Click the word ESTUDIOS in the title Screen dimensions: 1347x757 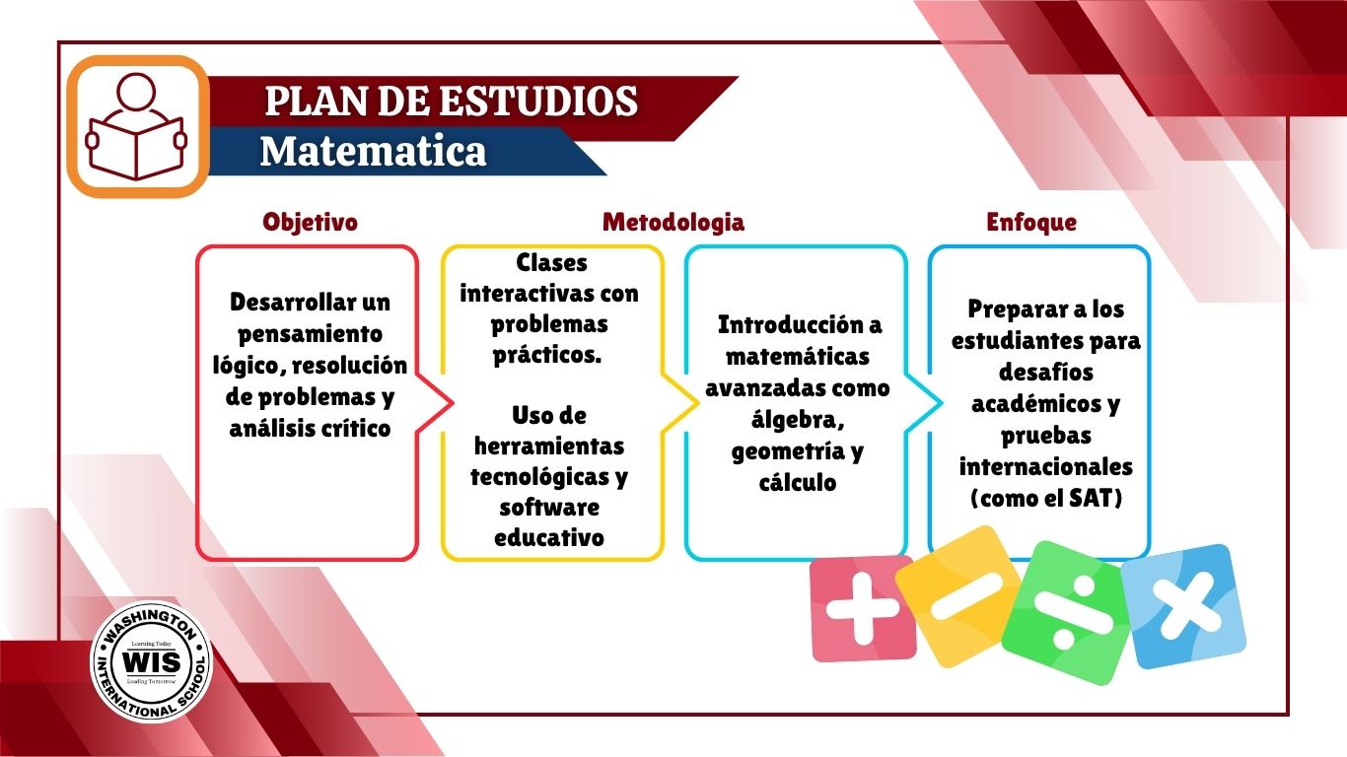[538, 101]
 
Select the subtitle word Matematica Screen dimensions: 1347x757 [373, 151]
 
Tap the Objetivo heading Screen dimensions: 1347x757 [311, 222]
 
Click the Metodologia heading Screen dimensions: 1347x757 [673, 222]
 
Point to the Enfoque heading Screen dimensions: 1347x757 [1031, 222]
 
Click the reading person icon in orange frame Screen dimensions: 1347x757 [138, 126]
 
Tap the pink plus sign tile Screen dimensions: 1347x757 [862, 608]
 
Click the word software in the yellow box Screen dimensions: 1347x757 [549, 508]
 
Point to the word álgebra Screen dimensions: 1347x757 [797, 420]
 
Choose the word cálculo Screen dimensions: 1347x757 [798, 482]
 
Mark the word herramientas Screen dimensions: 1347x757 [549, 447]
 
